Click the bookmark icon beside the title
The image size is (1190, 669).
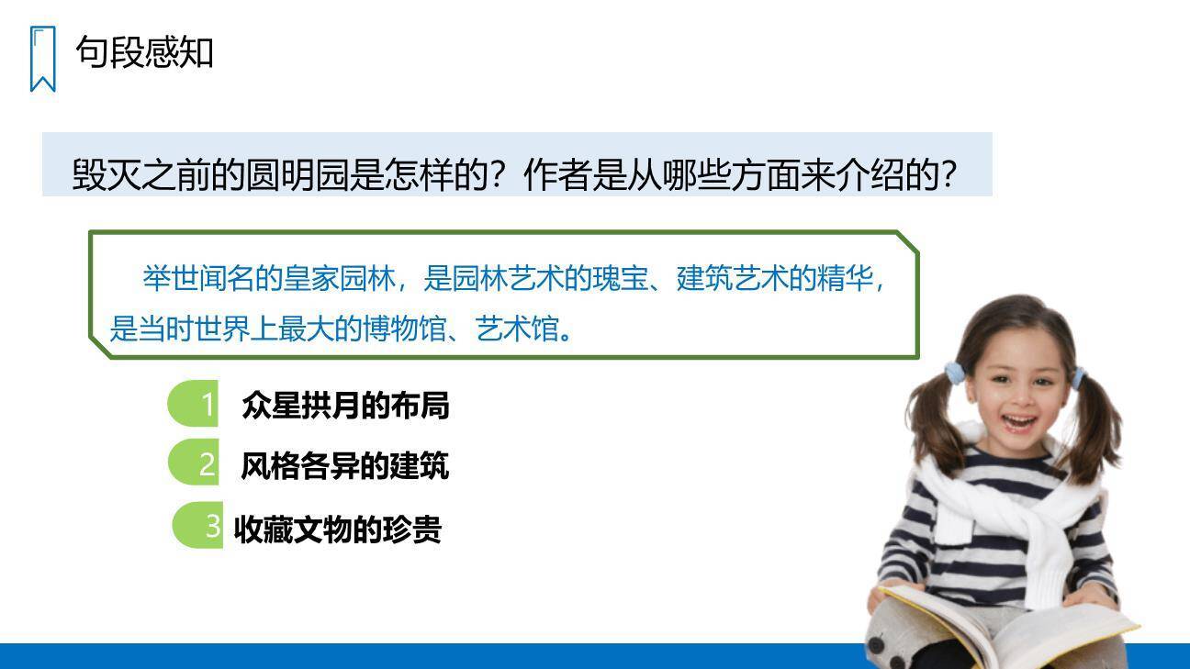[42, 59]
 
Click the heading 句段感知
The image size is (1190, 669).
[144, 51]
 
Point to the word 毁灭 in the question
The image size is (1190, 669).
[107, 175]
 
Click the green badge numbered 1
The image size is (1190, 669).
[195, 405]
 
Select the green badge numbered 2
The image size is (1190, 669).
[195, 463]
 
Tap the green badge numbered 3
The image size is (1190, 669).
[199, 526]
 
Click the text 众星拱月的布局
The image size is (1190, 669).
[345, 405]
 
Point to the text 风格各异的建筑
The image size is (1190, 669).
[344, 465]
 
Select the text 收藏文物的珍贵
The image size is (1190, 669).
[338, 530]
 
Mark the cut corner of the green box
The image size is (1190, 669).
[907, 241]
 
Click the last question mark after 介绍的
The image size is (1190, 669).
[949, 175]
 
